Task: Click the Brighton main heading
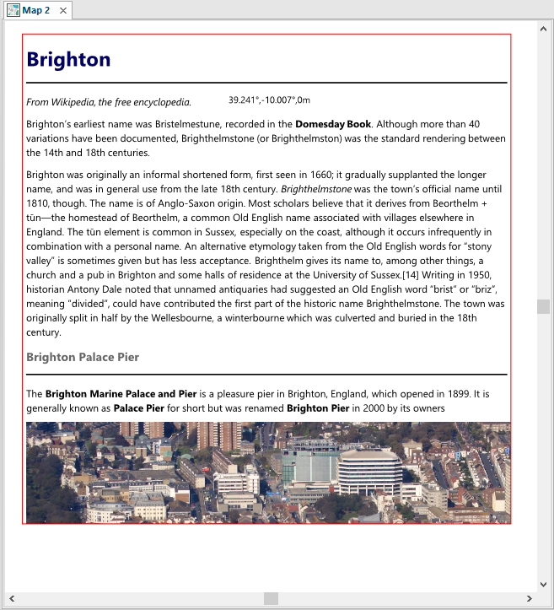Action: (x=68, y=60)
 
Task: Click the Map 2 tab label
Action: (x=36, y=10)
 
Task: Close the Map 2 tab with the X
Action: (x=63, y=10)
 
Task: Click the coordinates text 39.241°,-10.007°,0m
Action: (x=269, y=100)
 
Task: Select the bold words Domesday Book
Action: (x=333, y=124)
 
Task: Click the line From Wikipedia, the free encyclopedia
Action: (x=109, y=102)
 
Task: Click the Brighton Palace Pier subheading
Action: (x=83, y=357)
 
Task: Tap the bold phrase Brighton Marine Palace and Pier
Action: (x=121, y=394)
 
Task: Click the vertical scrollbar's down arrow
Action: (x=543, y=584)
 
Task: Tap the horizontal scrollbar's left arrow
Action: (x=11, y=598)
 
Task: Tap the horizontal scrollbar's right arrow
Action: (x=529, y=598)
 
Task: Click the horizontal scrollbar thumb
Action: (x=271, y=598)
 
